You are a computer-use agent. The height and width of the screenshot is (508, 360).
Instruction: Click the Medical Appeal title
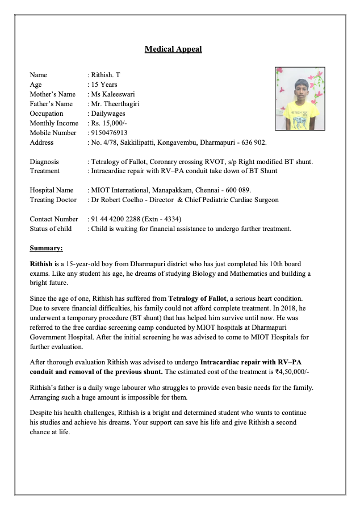(173, 49)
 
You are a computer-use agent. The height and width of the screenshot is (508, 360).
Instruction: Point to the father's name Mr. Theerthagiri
(115, 104)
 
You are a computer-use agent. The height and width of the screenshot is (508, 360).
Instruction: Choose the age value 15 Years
(104, 85)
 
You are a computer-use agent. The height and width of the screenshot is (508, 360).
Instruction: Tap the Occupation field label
(47, 114)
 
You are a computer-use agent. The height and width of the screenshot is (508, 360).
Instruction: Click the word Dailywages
(107, 114)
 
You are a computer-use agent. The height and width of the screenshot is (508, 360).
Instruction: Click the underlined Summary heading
(47, 248)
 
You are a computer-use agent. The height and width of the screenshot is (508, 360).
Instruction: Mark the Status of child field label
(51, 229)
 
